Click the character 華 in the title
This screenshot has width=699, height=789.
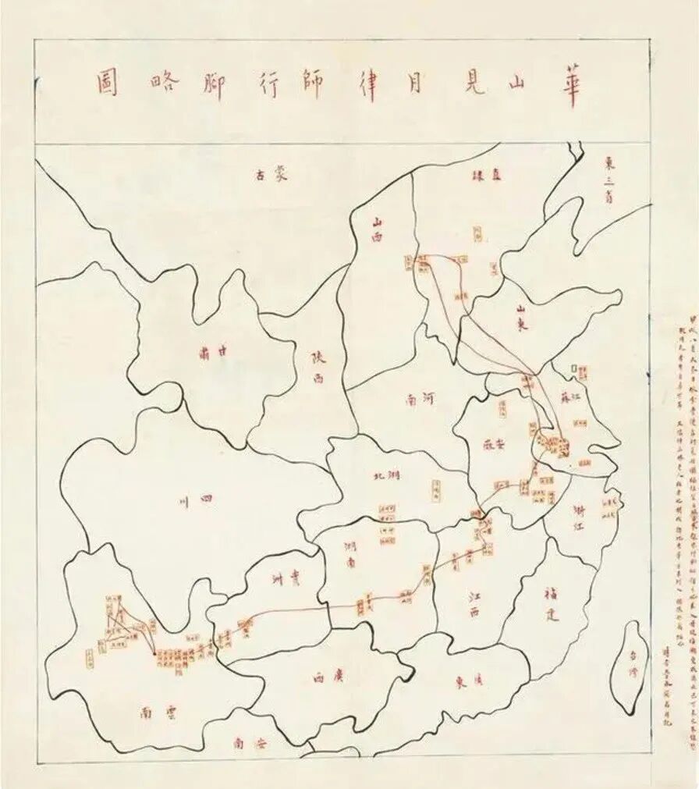coord(569,84)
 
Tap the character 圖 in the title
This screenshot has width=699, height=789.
coord(107,84)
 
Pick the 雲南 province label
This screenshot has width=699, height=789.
coord(159,712)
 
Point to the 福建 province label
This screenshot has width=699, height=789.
coord(551,604)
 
